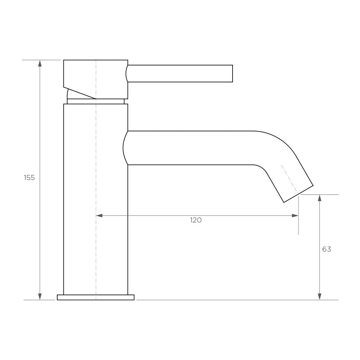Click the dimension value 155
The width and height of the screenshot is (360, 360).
click(29, 177)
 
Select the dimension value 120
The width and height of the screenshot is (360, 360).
click(196, 220)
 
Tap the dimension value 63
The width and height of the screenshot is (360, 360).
click(327, 249)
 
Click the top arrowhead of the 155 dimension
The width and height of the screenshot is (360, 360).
click(40, 64)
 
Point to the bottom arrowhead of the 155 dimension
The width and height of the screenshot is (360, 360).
click(40, 296)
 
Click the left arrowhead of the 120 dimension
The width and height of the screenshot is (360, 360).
click(100, 216)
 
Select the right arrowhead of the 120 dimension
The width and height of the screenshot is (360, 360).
click(295, 216)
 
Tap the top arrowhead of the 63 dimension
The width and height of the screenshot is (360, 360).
click(319, 198)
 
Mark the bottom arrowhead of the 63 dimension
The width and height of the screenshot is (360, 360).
click(319, 296)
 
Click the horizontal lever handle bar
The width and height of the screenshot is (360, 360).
click(180, 73)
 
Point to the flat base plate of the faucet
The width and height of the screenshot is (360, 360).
click(96, 297)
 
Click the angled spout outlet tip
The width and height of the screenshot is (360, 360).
click(298, 194)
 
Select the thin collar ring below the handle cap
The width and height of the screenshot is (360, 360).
click(96, 101)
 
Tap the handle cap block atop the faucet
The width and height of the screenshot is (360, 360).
click(96, 76)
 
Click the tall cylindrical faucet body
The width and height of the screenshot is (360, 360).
click(96, 198)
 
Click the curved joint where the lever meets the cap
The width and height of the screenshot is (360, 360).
click(127, 73)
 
